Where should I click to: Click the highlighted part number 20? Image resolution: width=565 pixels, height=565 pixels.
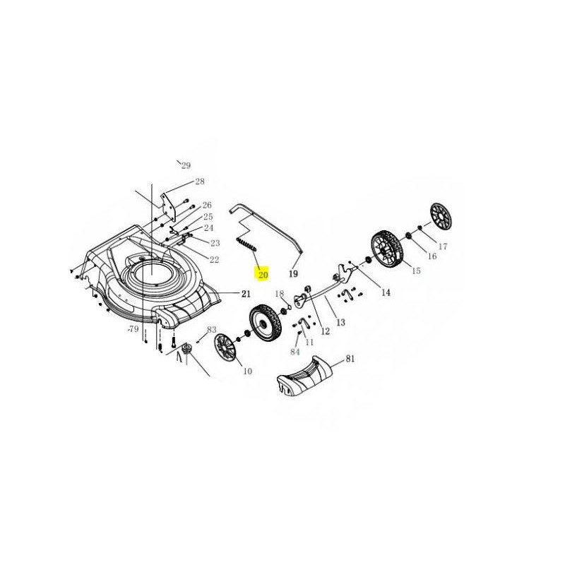tap(263, 275)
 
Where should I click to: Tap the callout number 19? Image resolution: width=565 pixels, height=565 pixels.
tap(293, 274)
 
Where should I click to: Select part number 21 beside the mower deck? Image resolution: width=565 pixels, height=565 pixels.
tap(246, 294)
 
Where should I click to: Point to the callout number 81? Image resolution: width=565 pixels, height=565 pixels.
tap(350, 359)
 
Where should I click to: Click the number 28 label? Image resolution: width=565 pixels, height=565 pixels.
tap(200, 182)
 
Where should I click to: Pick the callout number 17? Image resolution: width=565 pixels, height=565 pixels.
tap(443, 246)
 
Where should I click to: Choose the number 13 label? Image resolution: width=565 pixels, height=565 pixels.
tap(340, 322)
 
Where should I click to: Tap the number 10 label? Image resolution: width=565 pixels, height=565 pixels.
tap(248, 371)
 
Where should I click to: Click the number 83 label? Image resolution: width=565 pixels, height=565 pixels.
tap(211, 330)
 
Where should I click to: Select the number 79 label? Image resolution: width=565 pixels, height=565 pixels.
tap(133, 329)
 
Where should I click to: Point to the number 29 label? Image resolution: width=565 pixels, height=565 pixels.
tap(186, 166)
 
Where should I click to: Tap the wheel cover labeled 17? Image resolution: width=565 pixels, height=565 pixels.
tap(441, 216)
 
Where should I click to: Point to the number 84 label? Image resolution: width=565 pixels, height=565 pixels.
tap(295, 351)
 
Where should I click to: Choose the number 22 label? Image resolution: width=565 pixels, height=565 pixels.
tap(215, 259)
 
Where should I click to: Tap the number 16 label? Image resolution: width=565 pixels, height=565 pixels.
tap(432, 256)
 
